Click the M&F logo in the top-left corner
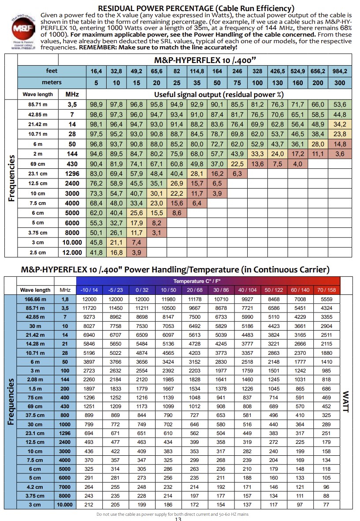(23, 29)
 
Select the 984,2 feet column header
(340, 71)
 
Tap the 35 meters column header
(197, 83)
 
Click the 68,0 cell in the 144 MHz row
(197, 154)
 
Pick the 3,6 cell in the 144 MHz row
(340, 154)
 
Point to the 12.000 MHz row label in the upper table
(72, 253)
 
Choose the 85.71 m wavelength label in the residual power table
(38, 104)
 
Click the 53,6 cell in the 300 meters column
(340, 104)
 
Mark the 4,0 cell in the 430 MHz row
(297, 164)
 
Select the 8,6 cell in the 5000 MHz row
(177, 213)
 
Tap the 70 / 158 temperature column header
(327, 290)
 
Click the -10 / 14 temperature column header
(89, 290)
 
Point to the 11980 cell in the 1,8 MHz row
(168, 299)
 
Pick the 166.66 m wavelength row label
(35, 299)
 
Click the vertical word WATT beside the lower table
(346, 402)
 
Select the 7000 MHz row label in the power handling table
(65, 487)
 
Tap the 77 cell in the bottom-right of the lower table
(327, 504)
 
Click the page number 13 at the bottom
(178, 519)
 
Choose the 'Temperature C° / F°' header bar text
(197, 281)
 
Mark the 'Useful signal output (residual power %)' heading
(219, 95)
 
